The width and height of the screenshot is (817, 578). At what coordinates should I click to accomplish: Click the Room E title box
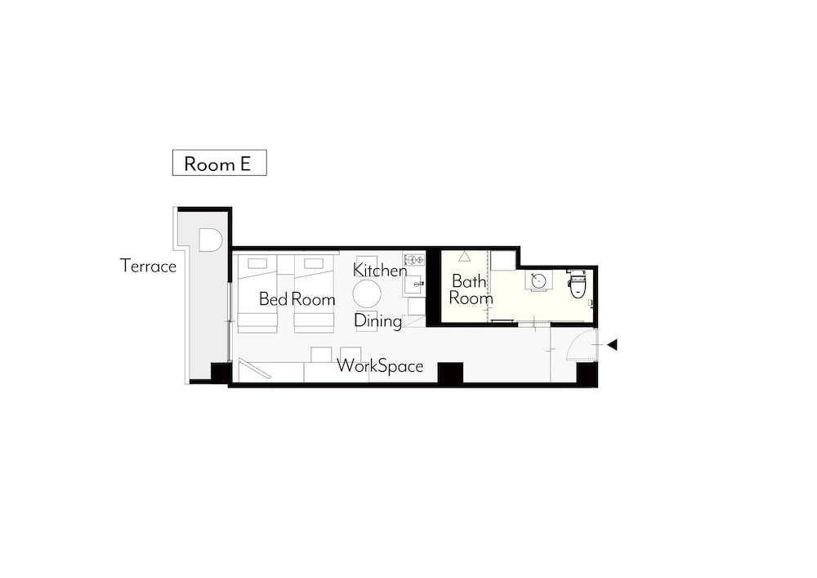coord(219,163)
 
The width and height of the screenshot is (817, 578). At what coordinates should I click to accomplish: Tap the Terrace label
coord(149,266)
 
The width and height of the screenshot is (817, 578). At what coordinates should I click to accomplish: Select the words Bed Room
coord(297,299)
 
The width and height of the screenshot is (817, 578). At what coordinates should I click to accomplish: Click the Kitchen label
coord(380,270)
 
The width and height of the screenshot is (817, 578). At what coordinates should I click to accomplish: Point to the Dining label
coord(378,320)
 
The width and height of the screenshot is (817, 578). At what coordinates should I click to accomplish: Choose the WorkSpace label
coord(380,366)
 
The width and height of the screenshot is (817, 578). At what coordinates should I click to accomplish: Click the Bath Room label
coord(471,289)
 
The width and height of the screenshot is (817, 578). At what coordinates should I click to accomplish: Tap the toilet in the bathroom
coord(578,284)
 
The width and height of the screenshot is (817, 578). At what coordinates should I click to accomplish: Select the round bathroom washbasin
coord(538,281)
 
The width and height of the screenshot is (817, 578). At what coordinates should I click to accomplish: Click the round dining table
coord(367,294)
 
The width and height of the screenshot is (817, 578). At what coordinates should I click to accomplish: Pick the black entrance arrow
coord(612,344)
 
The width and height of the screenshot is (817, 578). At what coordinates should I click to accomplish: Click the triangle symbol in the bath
coord(464,256)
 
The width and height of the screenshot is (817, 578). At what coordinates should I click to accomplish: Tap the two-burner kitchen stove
coord(413,259)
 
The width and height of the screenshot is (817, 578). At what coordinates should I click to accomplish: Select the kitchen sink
coord(414,285)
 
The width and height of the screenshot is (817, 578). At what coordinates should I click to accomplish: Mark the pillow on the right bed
coord(315,263)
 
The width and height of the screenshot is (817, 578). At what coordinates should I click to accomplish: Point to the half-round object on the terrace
coord(211,240)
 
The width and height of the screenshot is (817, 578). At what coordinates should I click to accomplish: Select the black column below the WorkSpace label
coord(450,373)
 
